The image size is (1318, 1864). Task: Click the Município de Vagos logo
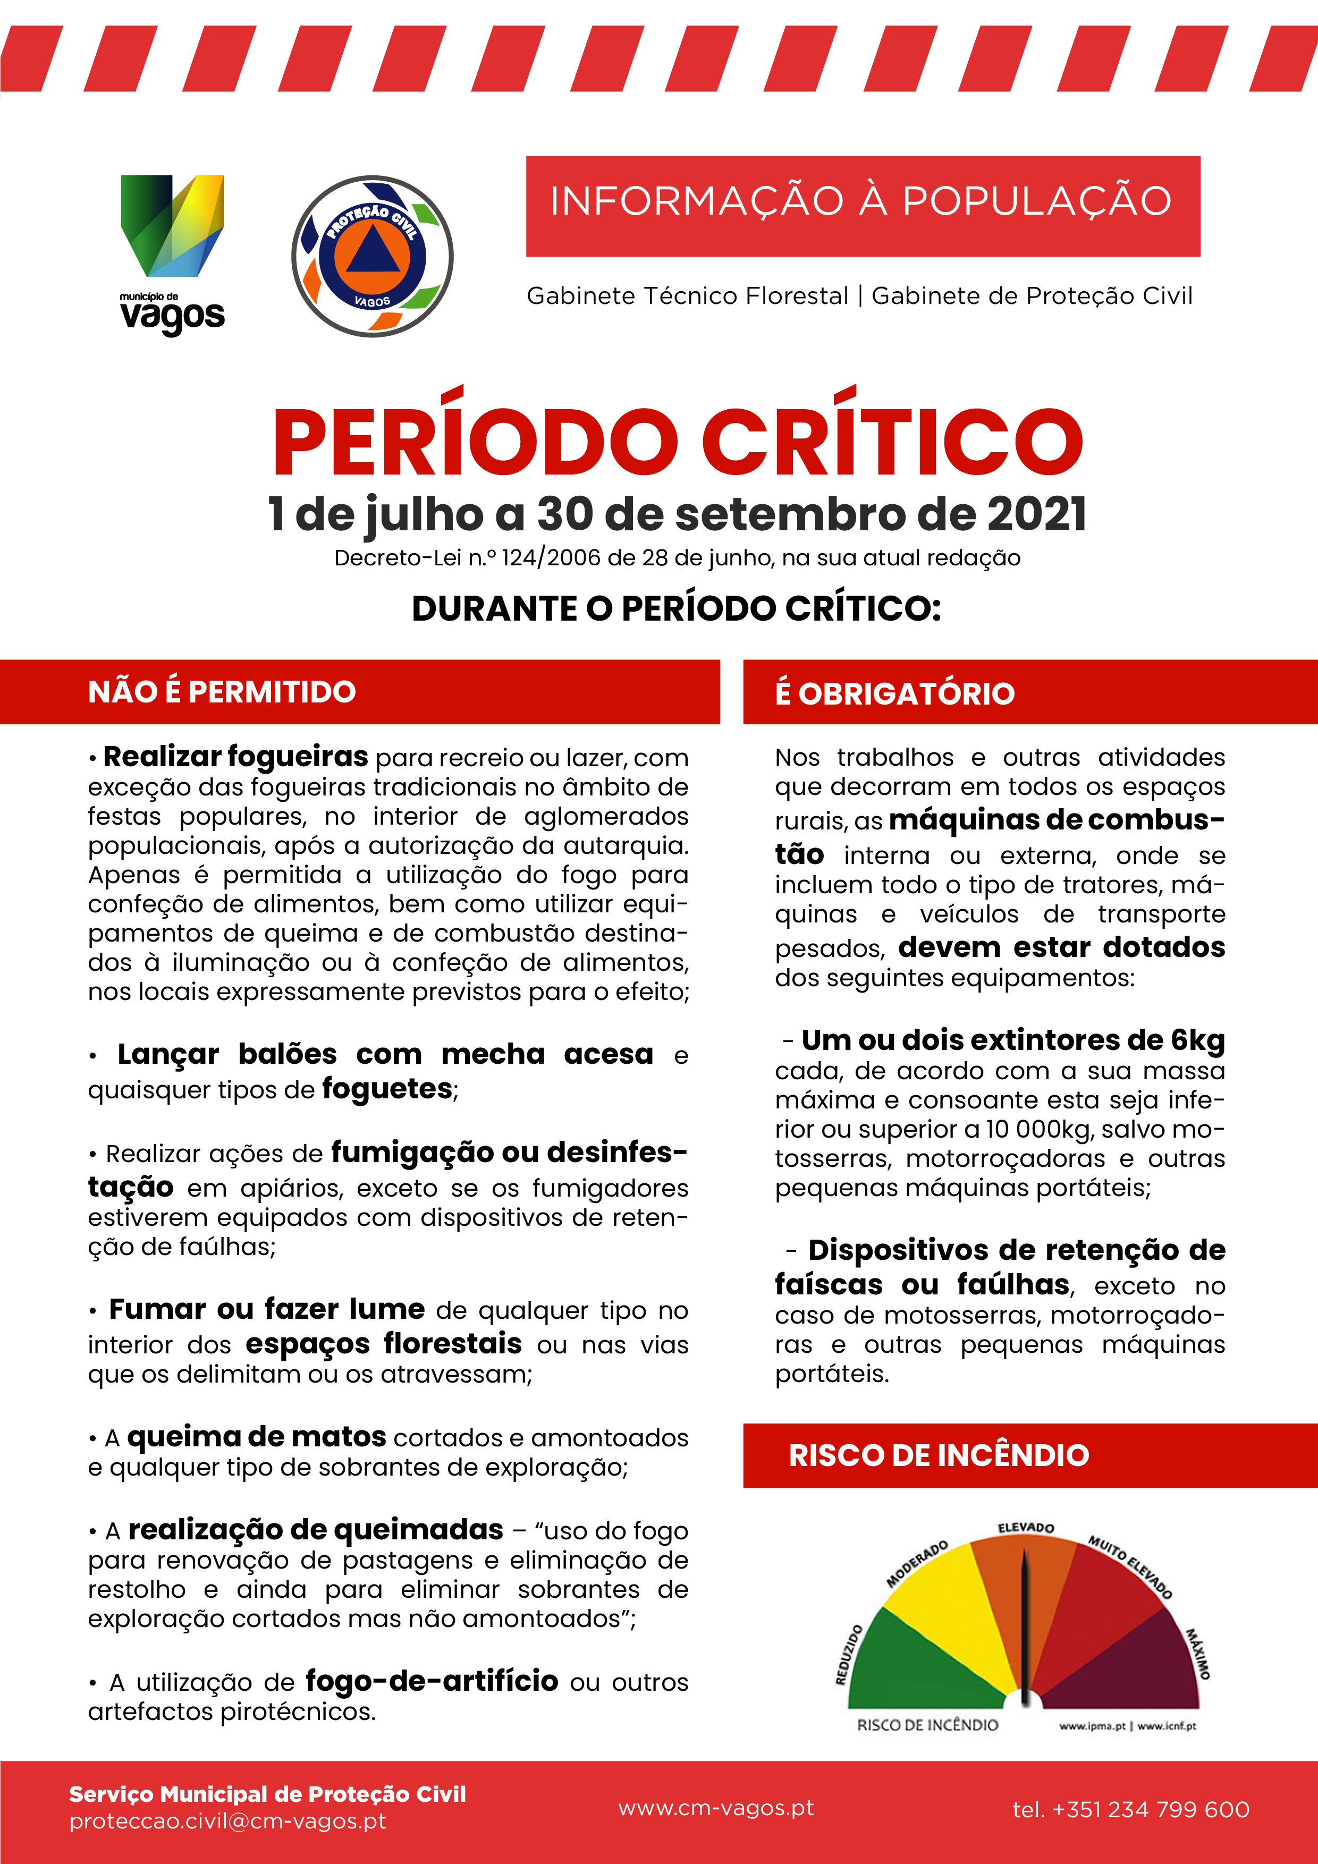(x=172, y=253)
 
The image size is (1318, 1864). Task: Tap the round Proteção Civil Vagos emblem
(x=372, y=257)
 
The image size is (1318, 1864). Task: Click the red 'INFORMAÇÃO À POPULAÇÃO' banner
(x=863, y=206)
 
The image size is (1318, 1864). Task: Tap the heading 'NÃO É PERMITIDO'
(x=222, y=692)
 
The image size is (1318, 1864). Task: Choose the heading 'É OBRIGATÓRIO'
(x=895, y=694)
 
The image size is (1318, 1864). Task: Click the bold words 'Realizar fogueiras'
(x=235, y=757)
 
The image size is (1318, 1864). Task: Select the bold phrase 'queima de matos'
(x=257, y=1437)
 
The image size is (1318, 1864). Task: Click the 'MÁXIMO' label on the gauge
(x=1197, y=1654)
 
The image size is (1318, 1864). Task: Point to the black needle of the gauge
(x=1025, y=1624)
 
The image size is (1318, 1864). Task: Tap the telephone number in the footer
(x=1130, y=1810)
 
